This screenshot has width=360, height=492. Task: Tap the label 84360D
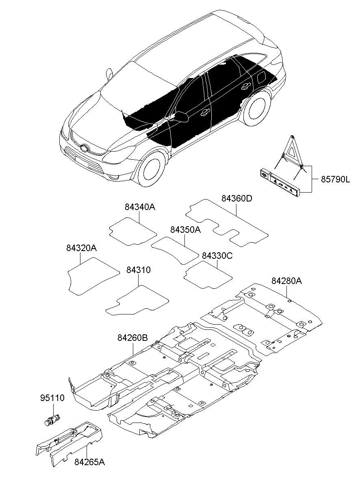(237, 199)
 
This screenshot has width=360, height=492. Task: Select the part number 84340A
(140, 207)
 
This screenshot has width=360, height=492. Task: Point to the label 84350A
(186, 230)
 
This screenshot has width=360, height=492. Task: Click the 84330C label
(217, 256)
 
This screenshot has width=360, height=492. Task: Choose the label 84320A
(82, 248)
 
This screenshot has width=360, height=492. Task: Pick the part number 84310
(138, 270)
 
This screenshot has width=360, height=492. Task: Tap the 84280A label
(287, 281)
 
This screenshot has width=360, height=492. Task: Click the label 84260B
(132, 338)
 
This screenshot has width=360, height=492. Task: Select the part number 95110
(52, 398)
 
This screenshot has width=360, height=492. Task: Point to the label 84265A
(90, 462)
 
